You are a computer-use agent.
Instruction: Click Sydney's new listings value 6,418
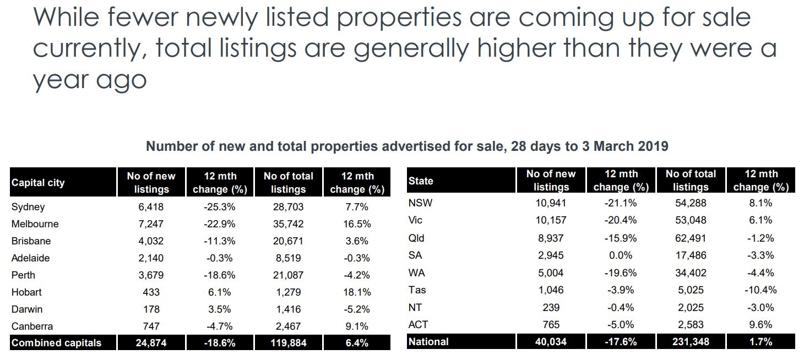pos(150,207)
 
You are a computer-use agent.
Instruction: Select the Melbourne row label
pos(35,224)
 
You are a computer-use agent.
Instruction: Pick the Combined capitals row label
pos(56,343)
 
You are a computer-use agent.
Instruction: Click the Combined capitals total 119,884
pos(288,343)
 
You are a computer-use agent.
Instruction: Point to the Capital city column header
pos(38,183)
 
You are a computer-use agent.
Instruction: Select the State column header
pos(421,181)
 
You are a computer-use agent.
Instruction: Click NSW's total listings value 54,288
pos(691,203)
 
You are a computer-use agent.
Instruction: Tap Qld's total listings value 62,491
pos(691,238)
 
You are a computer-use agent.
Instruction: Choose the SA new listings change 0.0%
pos(621,255)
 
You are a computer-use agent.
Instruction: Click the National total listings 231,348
pos(691,342)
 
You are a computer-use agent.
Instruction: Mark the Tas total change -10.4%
pos(761,290)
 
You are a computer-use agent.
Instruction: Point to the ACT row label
pos(418,324)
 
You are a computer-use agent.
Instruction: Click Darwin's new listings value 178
pos(150,309)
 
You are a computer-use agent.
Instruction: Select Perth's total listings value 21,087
pos(288,275)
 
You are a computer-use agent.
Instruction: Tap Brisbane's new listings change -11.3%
pos(220,241)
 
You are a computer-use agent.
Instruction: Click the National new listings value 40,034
pos(551,342)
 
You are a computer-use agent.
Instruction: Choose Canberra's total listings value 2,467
pos(288,326)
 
